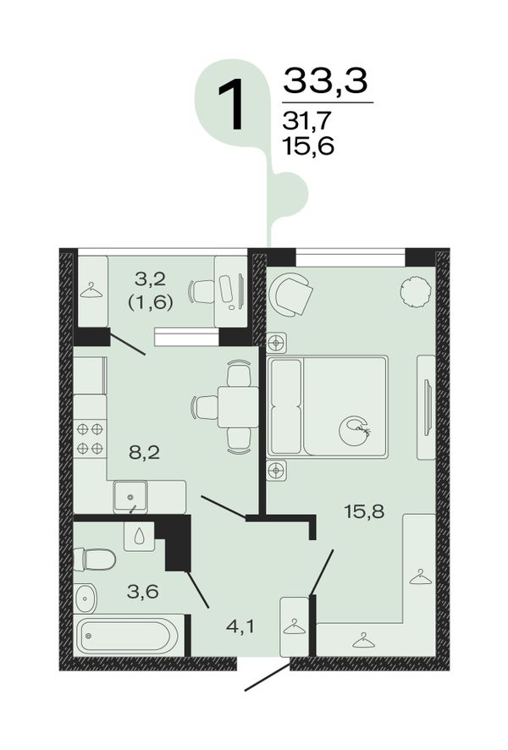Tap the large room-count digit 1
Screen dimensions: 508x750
(x=232, y=104)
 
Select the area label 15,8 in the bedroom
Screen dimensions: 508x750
(x=365, y=512)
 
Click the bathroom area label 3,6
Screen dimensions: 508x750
(x=142, y=592)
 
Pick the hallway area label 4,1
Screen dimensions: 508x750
(x=240, y=626)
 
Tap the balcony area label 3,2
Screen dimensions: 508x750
(x=150, y=278)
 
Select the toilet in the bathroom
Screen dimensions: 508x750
(x=95, y=560)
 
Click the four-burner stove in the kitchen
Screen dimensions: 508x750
(x=90, y=438)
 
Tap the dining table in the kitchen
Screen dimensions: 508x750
(x=238, y=407)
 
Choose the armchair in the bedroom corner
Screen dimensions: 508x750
(x=290, y=294)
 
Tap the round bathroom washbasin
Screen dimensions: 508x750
(x=86, y=598)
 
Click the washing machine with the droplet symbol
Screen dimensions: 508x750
(x=139, y=536)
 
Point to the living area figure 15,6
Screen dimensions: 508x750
(x=307, y=146)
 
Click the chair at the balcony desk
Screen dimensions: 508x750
(x=202, y=291)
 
